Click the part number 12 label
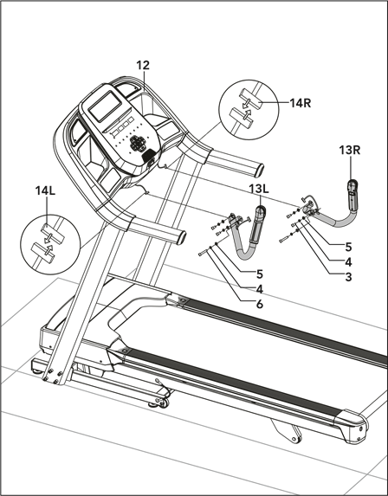[143, 65]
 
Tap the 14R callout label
[301, 103]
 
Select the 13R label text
[350, 150]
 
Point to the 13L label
[259, 189]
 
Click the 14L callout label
[45, 190]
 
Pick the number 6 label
[260, 305]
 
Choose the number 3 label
[348, 277]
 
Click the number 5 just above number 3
[348, 247]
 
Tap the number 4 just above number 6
[260, 289]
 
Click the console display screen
[105, 106]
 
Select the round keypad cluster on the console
[139, 144]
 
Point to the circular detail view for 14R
[249, 110]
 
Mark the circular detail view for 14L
[50, 244]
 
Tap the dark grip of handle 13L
[256, 225]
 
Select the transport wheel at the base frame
[164, 403]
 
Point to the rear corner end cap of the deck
[353, 426]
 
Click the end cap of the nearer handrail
[182, 237]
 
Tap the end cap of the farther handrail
[259, 171]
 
